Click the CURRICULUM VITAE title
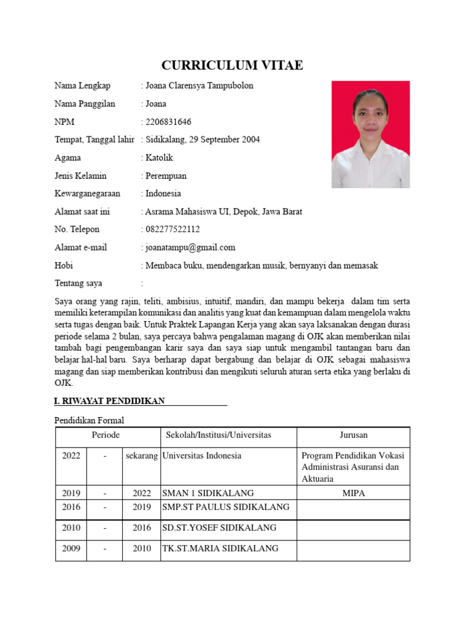click(232, 65)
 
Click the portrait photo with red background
click(371, 134)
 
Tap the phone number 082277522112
click(173, 230)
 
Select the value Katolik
click(159, 158)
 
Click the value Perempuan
click(166, 176)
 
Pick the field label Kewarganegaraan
click(87, 194)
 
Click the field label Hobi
click(64, 266)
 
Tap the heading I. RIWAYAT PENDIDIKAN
click(110, 401)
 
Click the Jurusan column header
click(353, 435)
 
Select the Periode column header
click(106, 435)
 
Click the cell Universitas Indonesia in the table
click(202, 456)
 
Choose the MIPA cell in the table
click(353, 494)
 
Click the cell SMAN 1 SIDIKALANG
click(208, 494)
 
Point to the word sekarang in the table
click(142, 456)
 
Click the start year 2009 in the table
click(71, 549)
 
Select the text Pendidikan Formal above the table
click(90, 420)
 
